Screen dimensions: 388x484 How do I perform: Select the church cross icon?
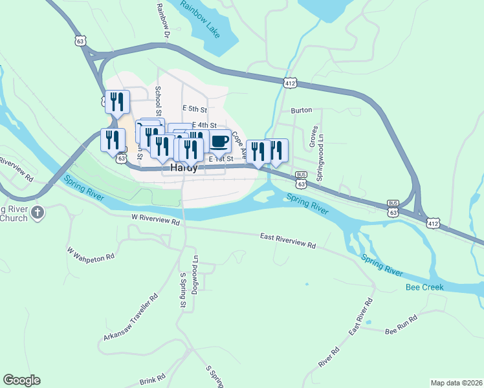38,212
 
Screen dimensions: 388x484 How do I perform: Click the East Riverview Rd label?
288,241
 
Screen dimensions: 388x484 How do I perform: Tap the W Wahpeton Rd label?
91,252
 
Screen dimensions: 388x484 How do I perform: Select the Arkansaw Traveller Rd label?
131,318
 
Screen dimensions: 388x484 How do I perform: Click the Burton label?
302,111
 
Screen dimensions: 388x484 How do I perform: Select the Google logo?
21,380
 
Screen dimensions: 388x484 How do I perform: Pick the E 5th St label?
194,109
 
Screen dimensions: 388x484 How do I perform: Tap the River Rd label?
329,358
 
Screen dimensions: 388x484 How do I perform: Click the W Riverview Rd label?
155,220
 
